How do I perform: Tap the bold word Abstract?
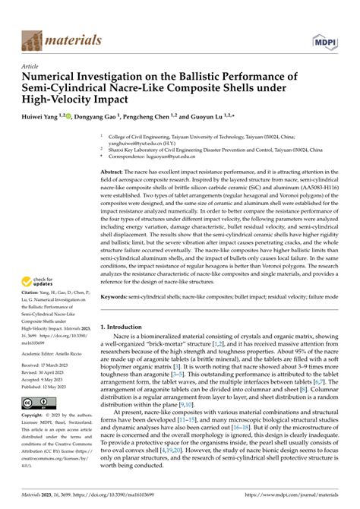(x=115, y=174)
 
